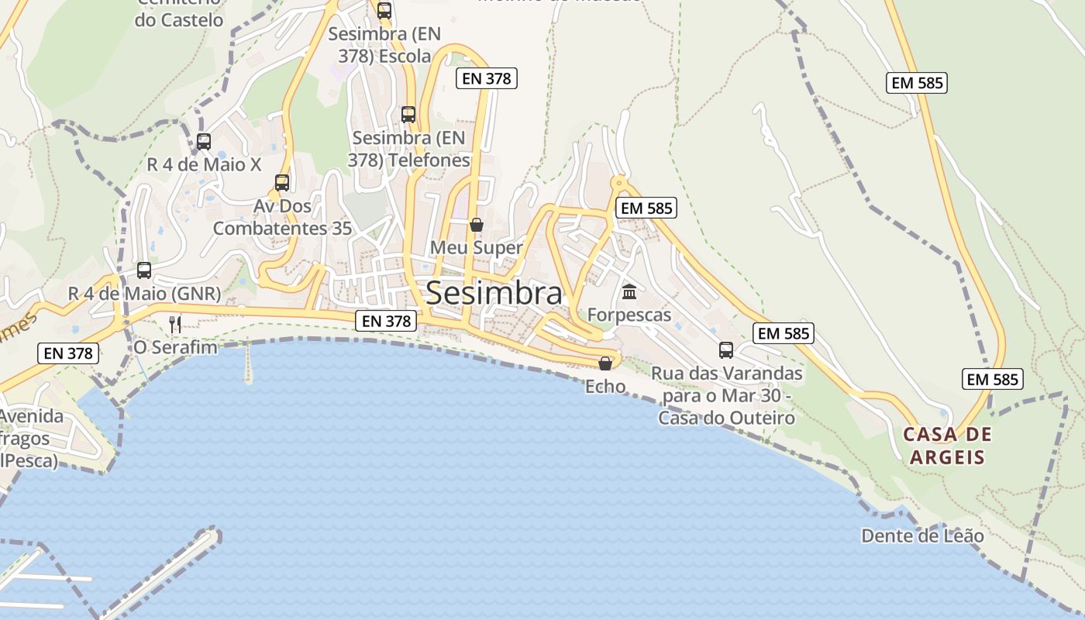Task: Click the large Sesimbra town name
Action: click(494, 293)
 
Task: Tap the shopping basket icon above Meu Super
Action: click(477, 225)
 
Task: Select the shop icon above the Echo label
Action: click(605, 363)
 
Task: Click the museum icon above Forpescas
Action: click(629, 292)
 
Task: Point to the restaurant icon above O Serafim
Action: click(175, 324)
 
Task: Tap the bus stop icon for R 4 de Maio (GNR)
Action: click(144, 270)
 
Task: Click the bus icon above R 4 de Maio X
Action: click(204, 142)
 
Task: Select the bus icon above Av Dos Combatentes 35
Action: click(282, 183)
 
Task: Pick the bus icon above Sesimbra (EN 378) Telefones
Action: click(408, 115)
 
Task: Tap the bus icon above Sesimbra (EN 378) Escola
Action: click(384, 11)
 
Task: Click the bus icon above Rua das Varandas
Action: click(726, 350)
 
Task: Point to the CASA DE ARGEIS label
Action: click(947, 446)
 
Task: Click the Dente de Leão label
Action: click(922, 536)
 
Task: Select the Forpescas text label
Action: click(629, 315)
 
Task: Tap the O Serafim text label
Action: click(176, 347)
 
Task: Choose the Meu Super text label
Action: click(477, 248)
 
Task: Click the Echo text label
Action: click(605, 386)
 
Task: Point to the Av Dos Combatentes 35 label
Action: click(282, 218)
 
